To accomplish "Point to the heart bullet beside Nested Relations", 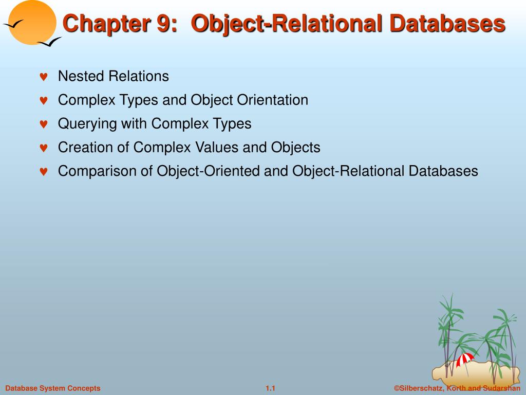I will tap(44, 77).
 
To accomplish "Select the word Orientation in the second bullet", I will tap(272, 100).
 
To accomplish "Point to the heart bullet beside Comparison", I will tap(44, 172).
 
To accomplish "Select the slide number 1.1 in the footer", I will tap(271, 388).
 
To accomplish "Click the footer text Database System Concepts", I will tap(53, 388).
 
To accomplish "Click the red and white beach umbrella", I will tap(465, 358).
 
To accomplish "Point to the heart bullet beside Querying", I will tap(44, 124).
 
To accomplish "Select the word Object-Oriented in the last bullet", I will tap(209, 171).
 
